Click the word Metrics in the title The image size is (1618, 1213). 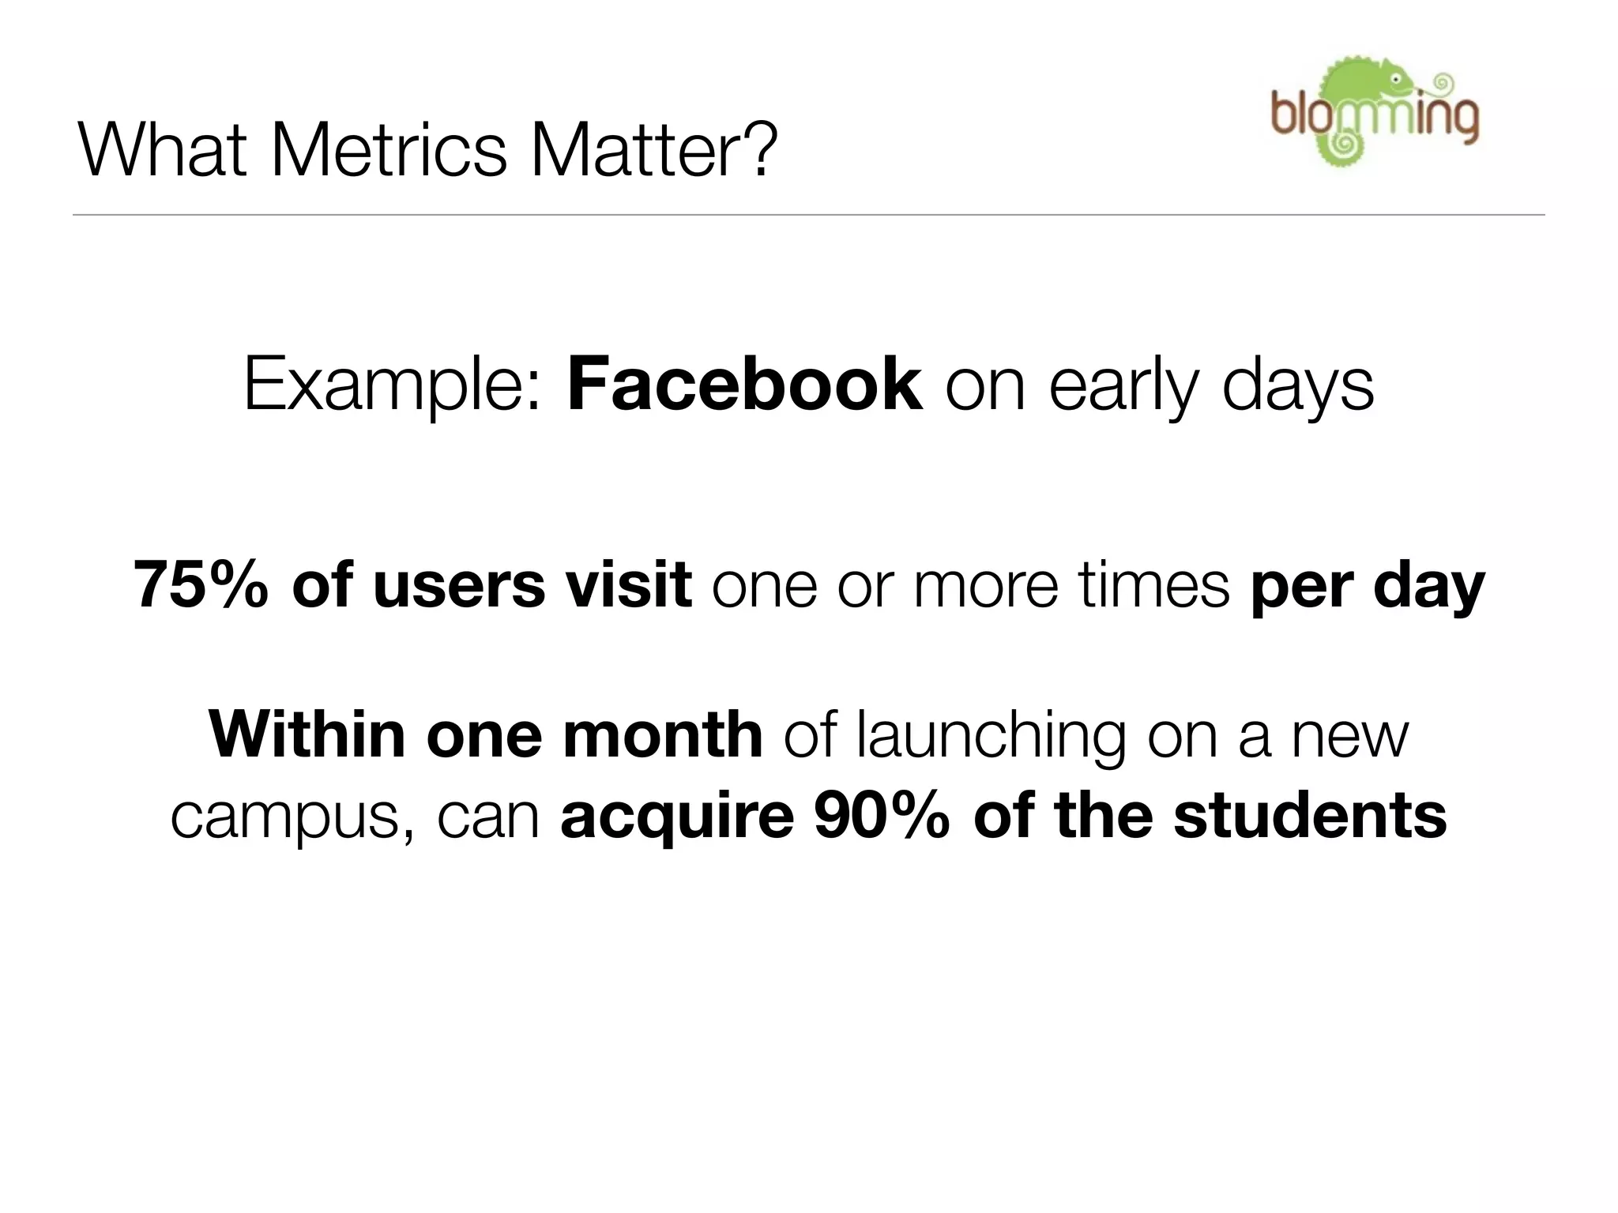(x=389, y=150)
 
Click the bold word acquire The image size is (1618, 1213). (x=677, y=818)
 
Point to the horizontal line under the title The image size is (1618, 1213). (x=808, y=215)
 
